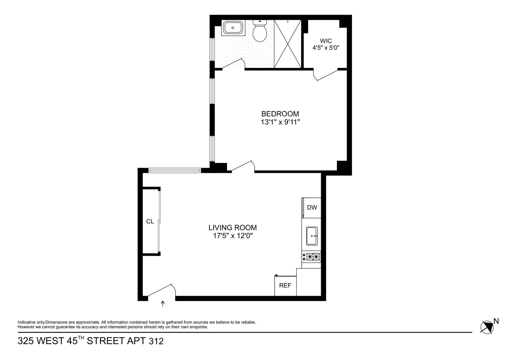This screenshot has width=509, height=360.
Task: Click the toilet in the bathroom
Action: pyautogui.click(x=259, y=32)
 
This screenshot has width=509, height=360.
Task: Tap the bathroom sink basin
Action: pyautogui.click(x=233, y=28)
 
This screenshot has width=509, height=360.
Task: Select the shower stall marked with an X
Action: pyautogui.click(x=288, y=44)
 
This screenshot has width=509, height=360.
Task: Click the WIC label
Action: pyautogui.click(x=326, y=41)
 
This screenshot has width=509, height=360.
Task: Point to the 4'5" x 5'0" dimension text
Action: pyautogui.click(x=326, y=48)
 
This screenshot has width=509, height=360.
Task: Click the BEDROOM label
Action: pyautogui.click(x=280, y=114)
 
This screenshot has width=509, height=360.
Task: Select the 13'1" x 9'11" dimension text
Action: pyautogui.click(x=280, y=122)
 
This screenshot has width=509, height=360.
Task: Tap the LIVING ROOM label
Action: pyautogui.click(x=232, y=228)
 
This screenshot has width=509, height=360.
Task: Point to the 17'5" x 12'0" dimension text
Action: pyautogui.click(x=232, y=236)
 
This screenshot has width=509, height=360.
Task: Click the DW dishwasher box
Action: pyautogui.click(x=312, y=208)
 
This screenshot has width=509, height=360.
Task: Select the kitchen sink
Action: pyautogui.click(x=312, y=236)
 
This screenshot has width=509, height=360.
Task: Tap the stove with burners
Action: pyautogui.click(x=311, y=257)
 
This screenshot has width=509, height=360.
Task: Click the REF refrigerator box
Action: pyautogui.click(x=285, y=286)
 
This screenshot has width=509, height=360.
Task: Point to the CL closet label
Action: pyautogui.click(x=150, y=222)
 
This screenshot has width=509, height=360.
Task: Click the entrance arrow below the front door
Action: pyautogui.click(x=163, y=304)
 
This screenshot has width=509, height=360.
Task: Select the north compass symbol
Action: pyautogui.click(x=487, y=327)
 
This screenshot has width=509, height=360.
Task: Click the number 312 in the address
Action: pyautogui.click(x=156, y=341)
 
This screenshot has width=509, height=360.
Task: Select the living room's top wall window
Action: pyautogui.click(x=174, y=171)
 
